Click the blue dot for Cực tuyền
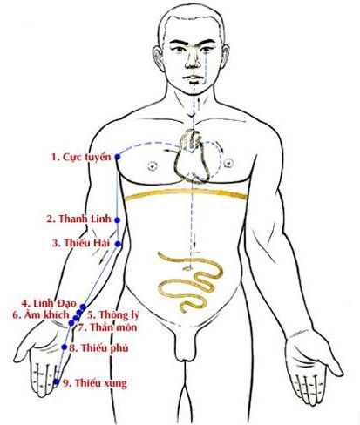[x=118, y=157]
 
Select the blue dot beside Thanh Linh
[x=117, y=220]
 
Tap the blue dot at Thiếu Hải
[x=118, y=244]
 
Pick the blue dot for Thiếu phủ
[x=65, y=347]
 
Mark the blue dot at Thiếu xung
[x=57, y=381]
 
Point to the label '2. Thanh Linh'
[x=79, y=219]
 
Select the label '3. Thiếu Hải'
[x=81, y=242]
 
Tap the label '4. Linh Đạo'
[x=49, y=303]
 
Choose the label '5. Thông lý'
[x=113, y=315]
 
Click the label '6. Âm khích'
[x=41, y=314]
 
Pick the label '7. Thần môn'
[x=107, y=327]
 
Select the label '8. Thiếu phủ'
[x=98, y=347]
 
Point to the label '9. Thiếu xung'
[x=95, y=383]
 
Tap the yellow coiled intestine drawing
[x=190, y=282]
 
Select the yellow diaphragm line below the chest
[x=186, y=193]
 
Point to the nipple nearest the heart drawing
[x=229, y=163]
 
